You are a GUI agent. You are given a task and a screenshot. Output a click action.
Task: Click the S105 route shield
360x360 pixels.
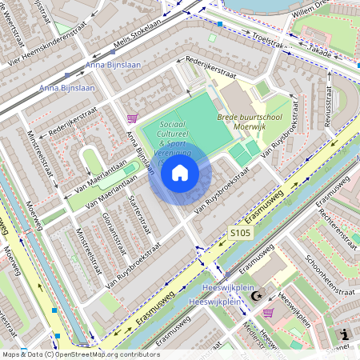(x=241, y=233)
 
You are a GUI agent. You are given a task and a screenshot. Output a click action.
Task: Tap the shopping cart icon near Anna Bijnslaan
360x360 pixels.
(x=132, y=118)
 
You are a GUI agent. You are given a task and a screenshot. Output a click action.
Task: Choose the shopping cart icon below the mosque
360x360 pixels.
(x=268, y=312)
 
